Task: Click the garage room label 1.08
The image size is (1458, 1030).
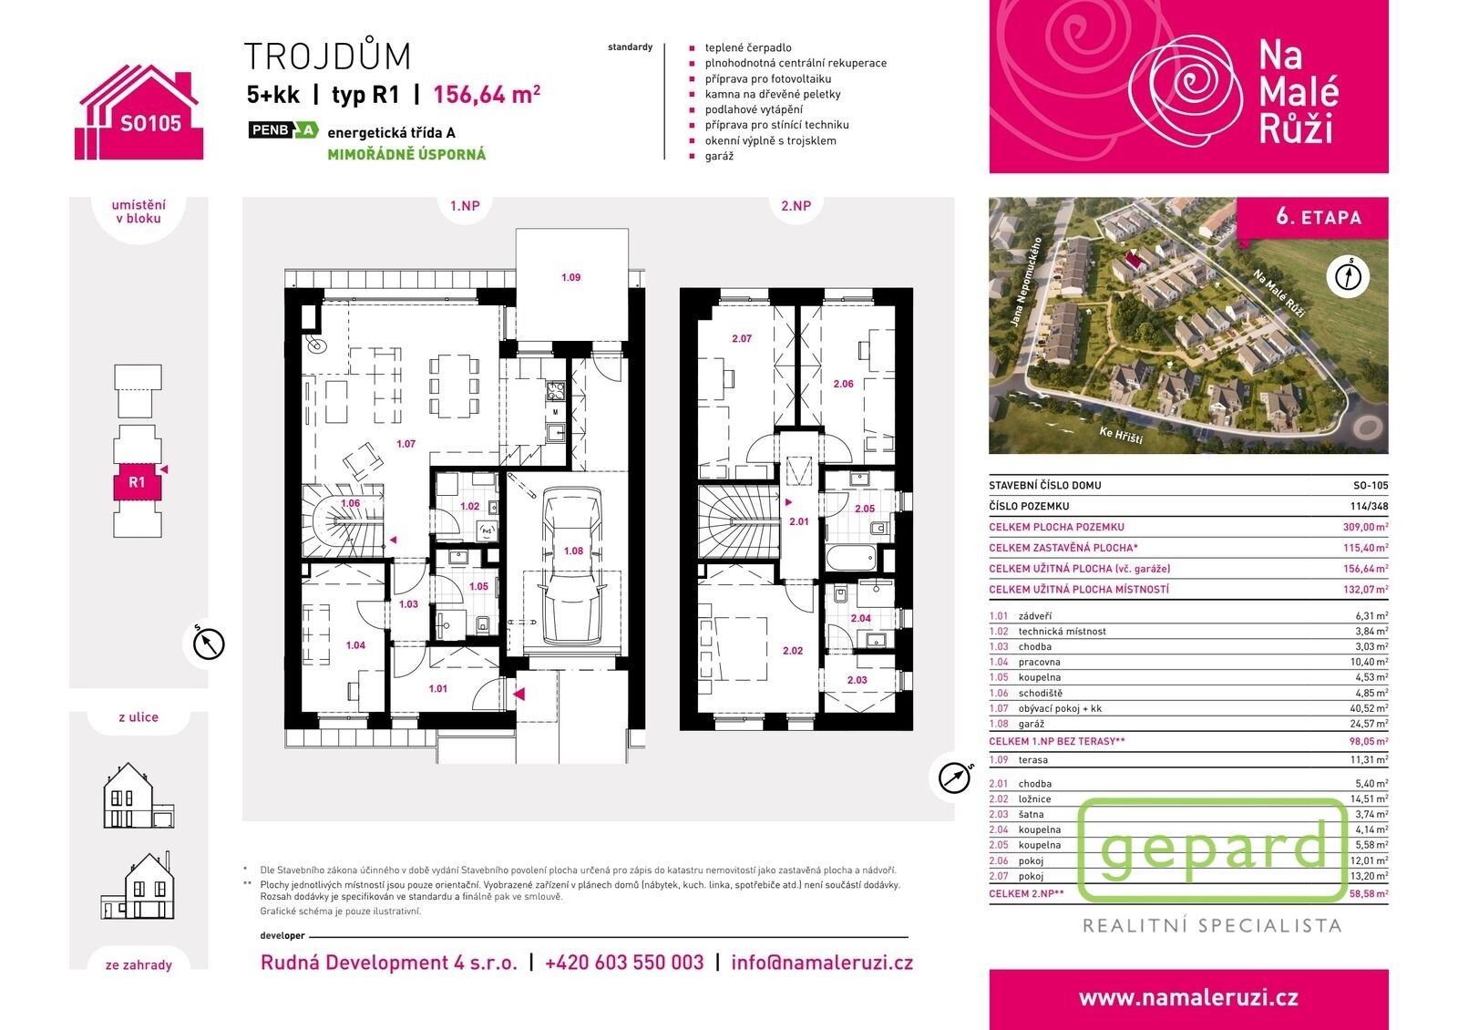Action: tap(573, 551)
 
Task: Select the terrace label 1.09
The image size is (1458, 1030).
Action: tap(570, 277)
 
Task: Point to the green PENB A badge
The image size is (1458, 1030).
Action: tap(283, 130)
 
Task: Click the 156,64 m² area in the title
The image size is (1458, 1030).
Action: tap(487, 94)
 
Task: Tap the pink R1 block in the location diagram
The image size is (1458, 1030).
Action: tap(137, 483)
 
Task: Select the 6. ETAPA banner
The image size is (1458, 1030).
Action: tap(1319, 217)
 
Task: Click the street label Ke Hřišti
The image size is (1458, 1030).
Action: tap(1120, 435)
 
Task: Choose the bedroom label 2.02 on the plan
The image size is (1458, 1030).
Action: tap(792, 651)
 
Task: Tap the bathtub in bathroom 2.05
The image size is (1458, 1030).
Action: tap(848, 557)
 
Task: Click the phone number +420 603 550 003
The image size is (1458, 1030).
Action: tap(624, 963)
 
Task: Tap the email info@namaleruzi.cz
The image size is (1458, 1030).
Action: tap(821, 963)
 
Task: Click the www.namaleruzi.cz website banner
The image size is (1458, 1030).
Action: tap(1188, 998)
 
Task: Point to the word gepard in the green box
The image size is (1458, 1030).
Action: tap(1213, 849)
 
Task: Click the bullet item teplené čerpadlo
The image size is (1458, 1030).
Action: tap(747, 47)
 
